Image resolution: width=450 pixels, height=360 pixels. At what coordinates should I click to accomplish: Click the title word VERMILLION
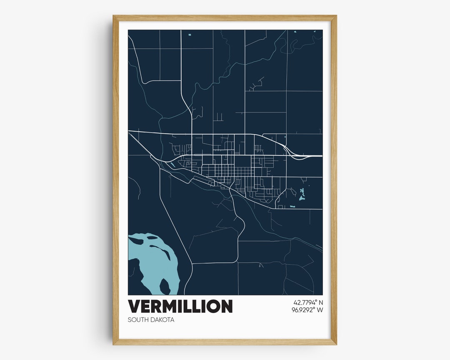pyautogui.click(x=180, y=306)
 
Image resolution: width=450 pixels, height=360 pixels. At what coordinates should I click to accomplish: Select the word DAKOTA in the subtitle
pyautogui.click(x=162, y=320)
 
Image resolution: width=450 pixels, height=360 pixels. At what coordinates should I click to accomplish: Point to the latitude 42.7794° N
pyautogui.click(x=308, y=302)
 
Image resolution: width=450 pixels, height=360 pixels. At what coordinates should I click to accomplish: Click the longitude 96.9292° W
pyautogui.click(x=308, y=310)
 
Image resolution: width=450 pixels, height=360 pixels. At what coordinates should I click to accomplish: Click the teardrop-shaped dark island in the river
pyautogui.click(x=165, y=286)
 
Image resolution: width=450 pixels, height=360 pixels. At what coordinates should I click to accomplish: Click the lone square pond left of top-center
pyautogui.click(x=189, y=35)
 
